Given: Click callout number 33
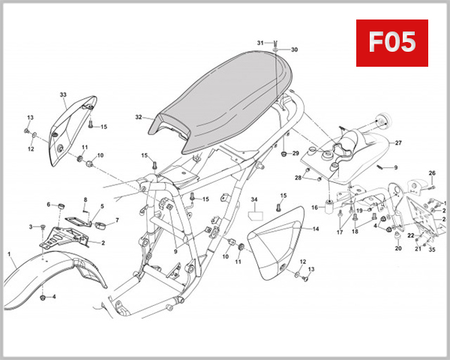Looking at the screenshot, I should coord(64,95).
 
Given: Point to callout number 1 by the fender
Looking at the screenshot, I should coord(11,255).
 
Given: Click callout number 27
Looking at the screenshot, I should coord(398,142).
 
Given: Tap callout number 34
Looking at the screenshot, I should coord(254,200).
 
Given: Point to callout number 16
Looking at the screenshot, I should coord(314,207).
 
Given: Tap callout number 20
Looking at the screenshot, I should coord(398,248).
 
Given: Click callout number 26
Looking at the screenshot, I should coord(432,173).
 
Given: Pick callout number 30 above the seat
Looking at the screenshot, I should coord(294,49).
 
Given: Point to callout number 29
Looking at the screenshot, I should coord(295,153).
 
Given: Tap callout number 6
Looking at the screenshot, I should coord(49,204).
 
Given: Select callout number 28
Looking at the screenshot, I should coord(298,178).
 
